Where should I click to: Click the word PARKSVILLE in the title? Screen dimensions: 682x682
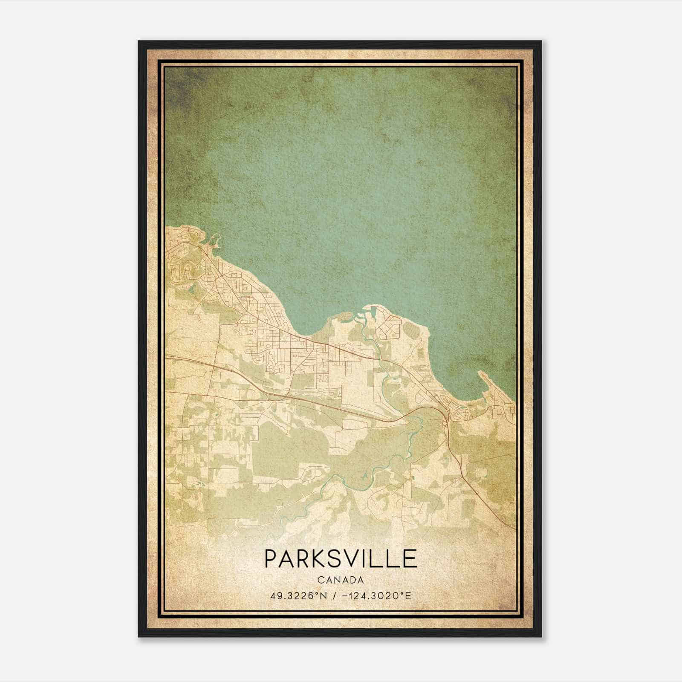click(341, 558)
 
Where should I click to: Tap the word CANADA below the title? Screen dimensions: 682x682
click(341, 580)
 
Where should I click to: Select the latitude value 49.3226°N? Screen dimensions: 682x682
click(298, 596)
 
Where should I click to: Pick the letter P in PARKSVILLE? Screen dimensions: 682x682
click(271, 558)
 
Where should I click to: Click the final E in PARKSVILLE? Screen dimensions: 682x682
click(410, 558)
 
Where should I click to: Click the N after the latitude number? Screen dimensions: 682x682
click(324, 596)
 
